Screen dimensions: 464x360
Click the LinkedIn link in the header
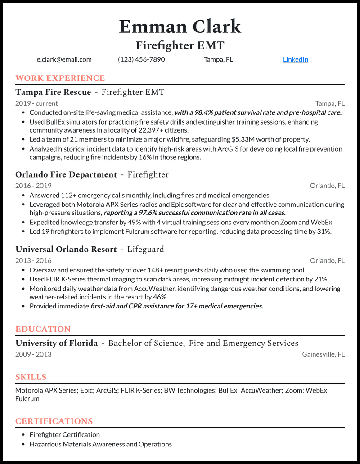[x=295, y=59]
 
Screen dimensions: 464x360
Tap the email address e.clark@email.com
[x=64, y=59]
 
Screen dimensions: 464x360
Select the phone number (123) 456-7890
[x=141, y=59]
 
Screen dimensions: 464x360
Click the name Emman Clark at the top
[x=180, y=27]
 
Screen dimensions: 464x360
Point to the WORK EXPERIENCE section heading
[x=60, y=78]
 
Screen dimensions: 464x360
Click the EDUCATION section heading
[x=43, y=329]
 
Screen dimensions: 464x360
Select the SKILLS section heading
[x=31, y=377]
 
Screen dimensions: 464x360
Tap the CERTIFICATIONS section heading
[x=54, y=421]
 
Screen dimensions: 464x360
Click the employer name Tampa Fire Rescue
[x=53, y=92]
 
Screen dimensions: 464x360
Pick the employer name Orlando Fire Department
[x=66, y=174]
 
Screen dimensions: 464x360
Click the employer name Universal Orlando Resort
[x=66, y=249]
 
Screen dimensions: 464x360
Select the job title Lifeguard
[x=145, y=249]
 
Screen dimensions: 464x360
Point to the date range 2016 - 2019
[x=33, y=186]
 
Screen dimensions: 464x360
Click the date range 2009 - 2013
[x=33, y=354]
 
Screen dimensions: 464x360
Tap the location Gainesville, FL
[x=323, y=354]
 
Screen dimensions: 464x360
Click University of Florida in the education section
[x=56, y=343]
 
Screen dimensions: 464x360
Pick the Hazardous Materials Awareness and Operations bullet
[x=100, y=444]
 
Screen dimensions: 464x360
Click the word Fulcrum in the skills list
[x=27, y=399]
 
